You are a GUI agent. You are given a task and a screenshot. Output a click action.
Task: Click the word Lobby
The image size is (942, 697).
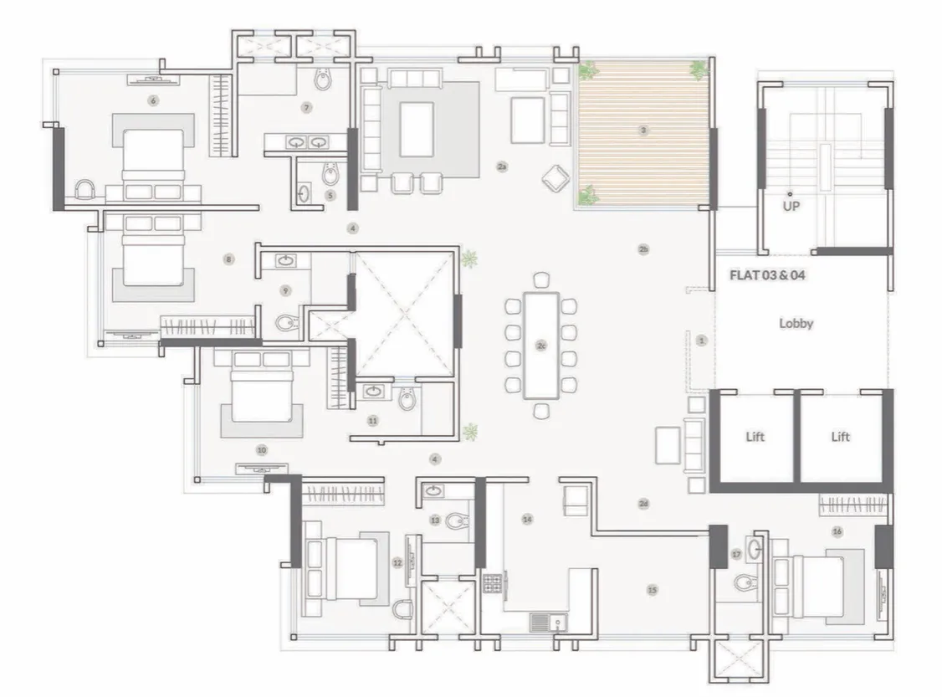coord(796,323)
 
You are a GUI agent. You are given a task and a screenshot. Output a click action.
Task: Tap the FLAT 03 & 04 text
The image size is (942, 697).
coord(767,274)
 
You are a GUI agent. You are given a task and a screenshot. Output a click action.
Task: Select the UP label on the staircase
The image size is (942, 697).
coord(791,205)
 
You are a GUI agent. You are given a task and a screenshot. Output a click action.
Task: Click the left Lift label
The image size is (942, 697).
coord(755,437)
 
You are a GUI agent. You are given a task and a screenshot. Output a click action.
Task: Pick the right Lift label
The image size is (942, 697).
coord(840,437)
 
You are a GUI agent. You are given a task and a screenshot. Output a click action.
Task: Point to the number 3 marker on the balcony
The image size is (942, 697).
coord(643,131)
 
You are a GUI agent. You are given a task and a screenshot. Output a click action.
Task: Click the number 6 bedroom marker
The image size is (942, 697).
coord(152,100)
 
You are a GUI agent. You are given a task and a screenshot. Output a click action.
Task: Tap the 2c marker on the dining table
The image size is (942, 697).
coord(541,345)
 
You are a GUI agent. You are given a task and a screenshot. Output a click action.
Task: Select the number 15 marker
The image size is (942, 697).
coord(652,590)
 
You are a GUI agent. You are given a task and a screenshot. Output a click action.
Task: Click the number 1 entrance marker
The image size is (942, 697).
coord(701,340)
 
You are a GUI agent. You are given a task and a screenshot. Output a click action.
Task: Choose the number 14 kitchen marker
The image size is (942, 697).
coord(527,520)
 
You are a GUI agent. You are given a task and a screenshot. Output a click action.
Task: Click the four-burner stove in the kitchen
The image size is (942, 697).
coord(492,582)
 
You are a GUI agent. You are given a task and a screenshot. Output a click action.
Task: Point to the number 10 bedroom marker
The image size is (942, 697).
coord(262,449)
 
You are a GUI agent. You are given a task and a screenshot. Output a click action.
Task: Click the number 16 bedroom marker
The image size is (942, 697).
coord(837,531)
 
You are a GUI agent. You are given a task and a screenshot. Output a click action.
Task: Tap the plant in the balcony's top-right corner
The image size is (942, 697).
coord(699,69)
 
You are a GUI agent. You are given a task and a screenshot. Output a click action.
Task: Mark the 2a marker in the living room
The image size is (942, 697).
coord(502,167)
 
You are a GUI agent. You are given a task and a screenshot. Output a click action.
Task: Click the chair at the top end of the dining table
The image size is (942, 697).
coord(541,280)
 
